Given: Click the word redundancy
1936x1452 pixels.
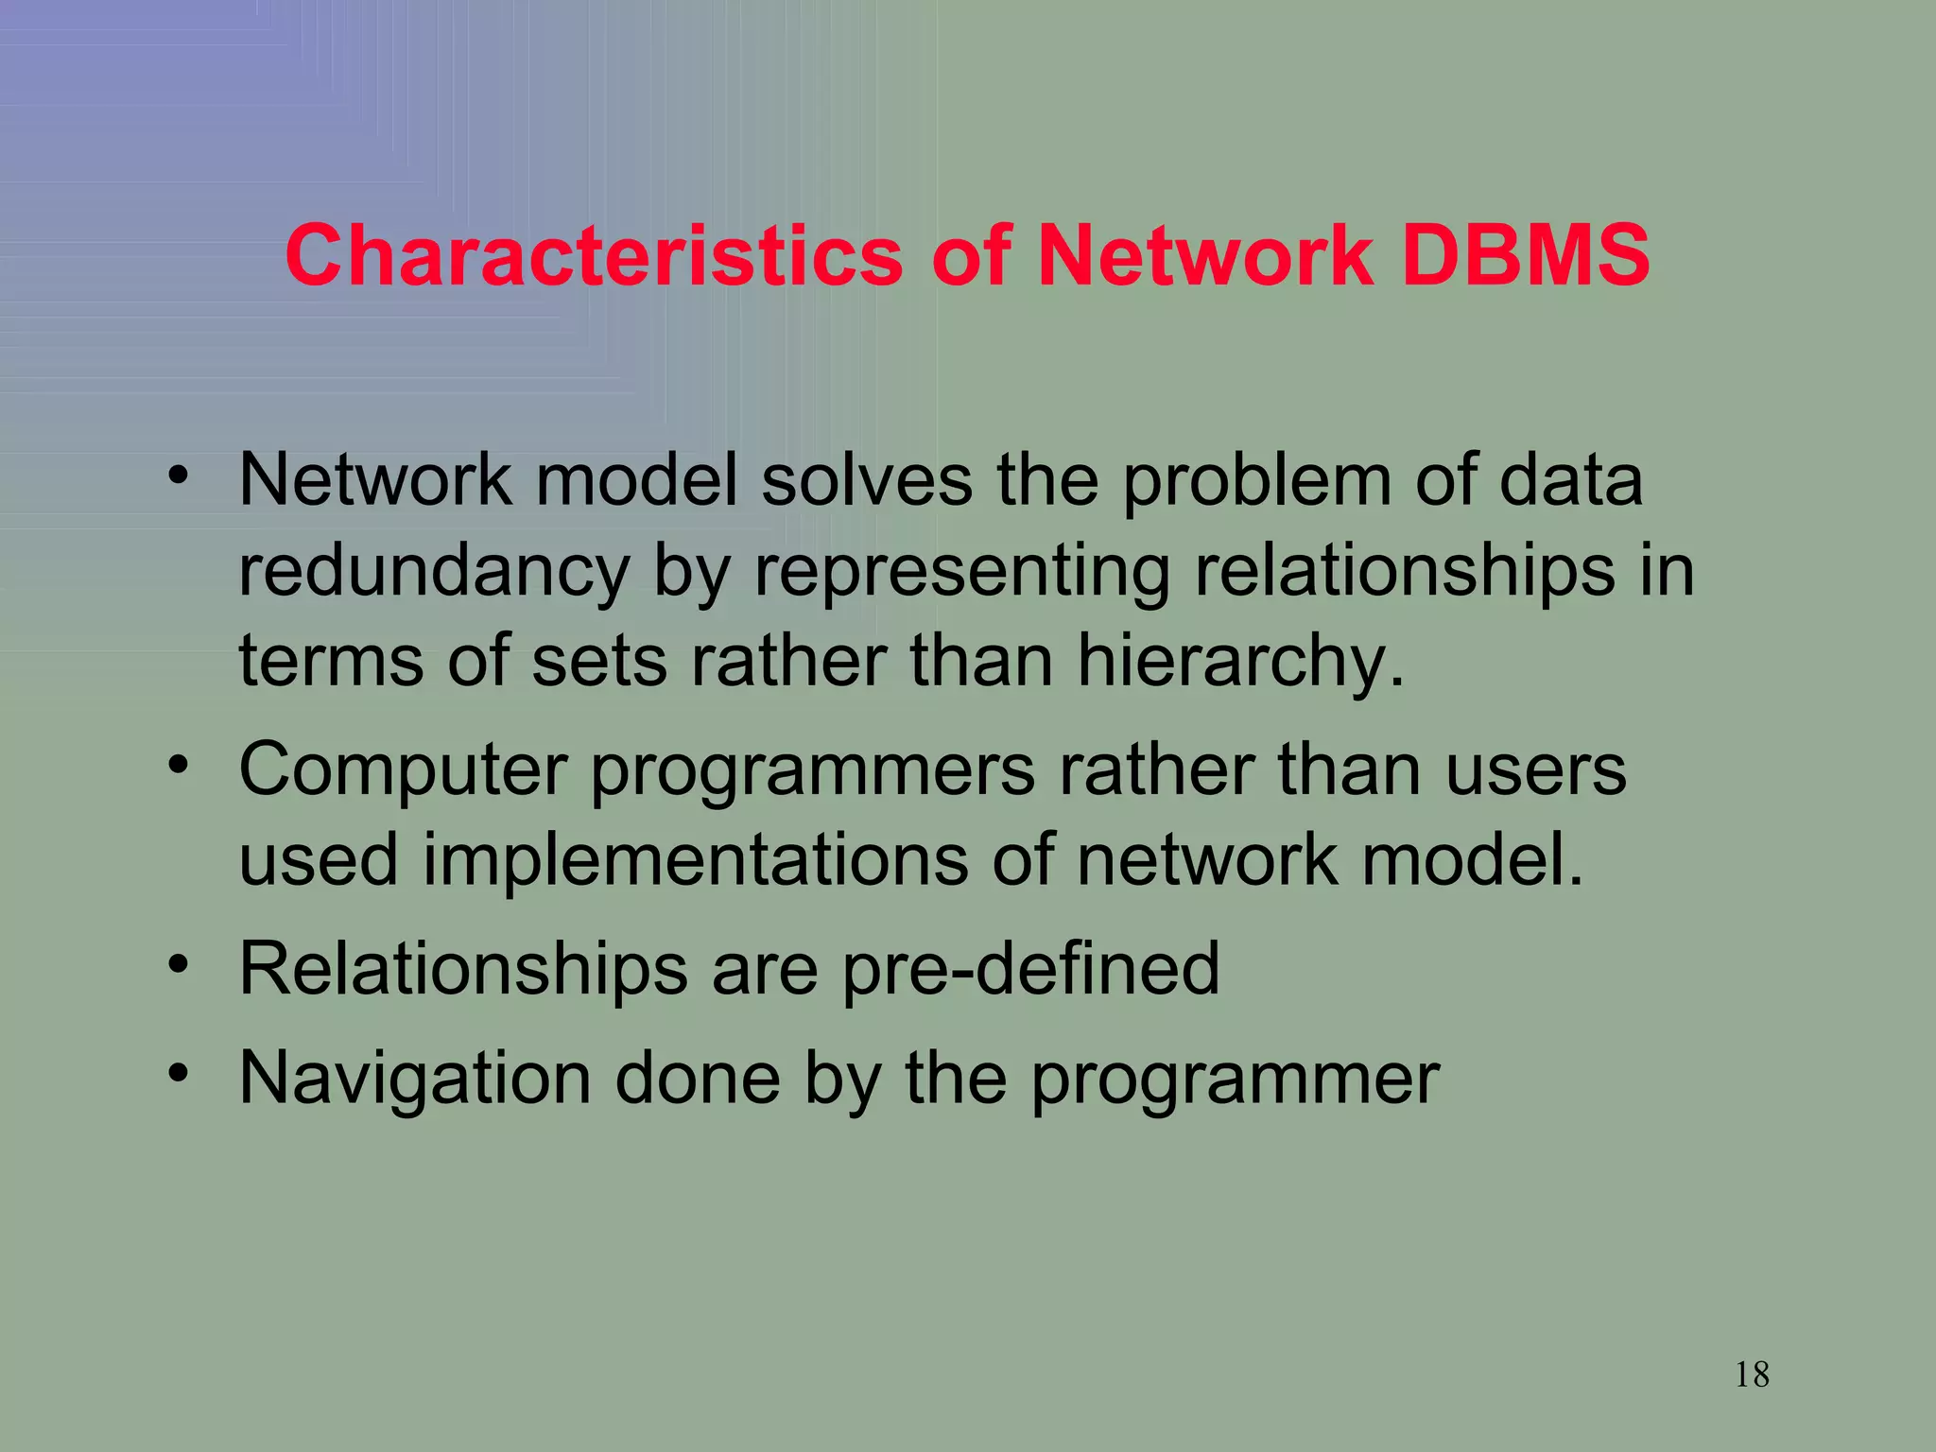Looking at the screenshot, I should click(433, 571).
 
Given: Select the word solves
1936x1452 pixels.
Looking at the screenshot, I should click(866, 480).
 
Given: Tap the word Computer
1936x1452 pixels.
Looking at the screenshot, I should click(403, 771).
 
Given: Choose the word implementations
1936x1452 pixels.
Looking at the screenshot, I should click(695, 860).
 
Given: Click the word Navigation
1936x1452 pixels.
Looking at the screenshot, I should click(415, 1079).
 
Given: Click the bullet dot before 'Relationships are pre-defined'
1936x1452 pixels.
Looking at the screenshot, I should click(179, 964).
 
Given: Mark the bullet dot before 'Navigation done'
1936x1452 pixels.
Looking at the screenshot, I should click(179, 1073).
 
